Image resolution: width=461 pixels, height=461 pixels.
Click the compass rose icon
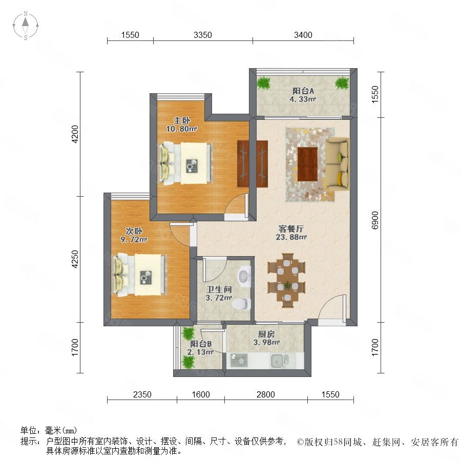pyautogui.click(x=26, y=26)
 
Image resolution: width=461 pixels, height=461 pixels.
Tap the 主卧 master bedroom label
pyautogui.click(x=182, y=120)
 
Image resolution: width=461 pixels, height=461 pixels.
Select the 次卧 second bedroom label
pyautogui.click(x=134, y=231)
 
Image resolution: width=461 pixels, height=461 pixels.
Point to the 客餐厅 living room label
pyautogui.click(x=291, y=229)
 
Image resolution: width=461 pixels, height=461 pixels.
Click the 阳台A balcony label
pyautogui.click(x=303, y=91)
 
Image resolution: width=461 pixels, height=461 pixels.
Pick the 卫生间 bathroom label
pyautogui.click(x=219, y=289)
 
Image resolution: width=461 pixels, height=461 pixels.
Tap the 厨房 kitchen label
pyautogui.click(x=266, y=334)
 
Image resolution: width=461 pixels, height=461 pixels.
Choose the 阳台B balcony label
pyautogui.click(x=201, y=344)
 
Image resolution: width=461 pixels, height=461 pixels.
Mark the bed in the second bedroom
pyautogui.click(x=140, y=275)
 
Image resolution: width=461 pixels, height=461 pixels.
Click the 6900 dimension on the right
pyautogui.click(x=375, y=220)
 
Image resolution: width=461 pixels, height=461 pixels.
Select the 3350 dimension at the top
pyautogui.click(x=203, y=35)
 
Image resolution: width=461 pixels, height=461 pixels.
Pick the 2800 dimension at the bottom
pyautogui.click(x=266, y=394)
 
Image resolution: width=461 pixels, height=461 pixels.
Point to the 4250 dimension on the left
pyautogui.click(x=76, y=259)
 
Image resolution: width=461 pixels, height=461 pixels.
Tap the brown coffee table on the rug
pyautogui.click(x=307, y=164)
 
